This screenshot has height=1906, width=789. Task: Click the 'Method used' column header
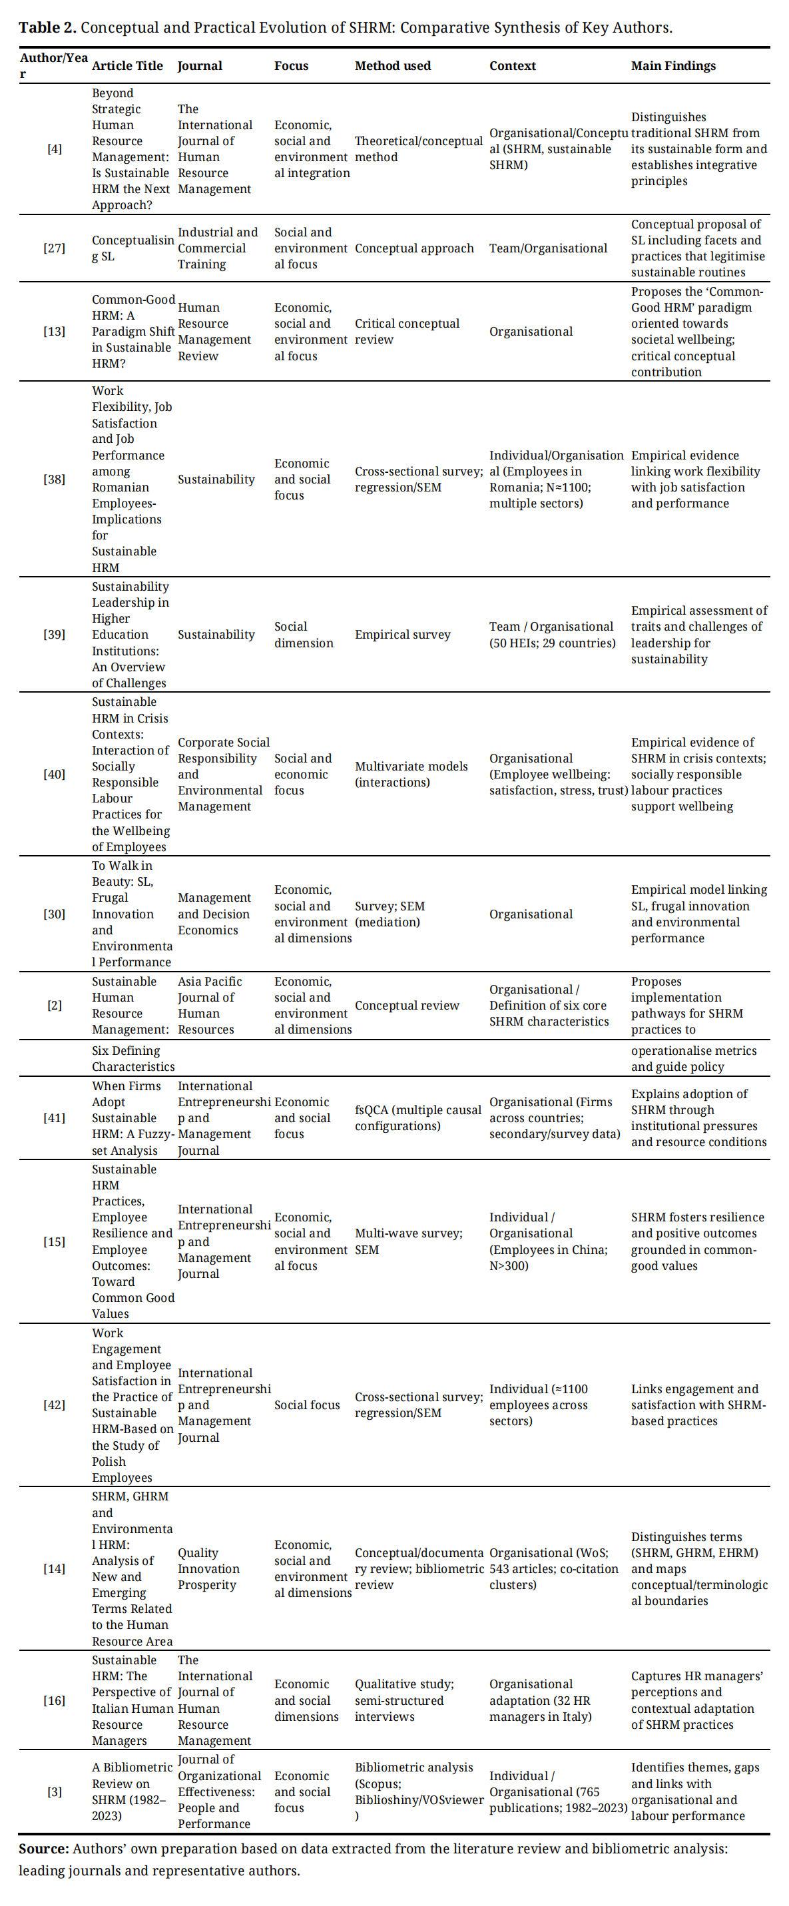point(392,65)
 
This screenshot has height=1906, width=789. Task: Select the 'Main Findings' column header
point(673,65)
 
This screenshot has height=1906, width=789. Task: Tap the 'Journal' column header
point(200,65)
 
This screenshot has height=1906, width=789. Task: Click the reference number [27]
point(54,248)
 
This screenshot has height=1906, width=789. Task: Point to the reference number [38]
point(54,479)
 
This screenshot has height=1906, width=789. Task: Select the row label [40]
point(54,774)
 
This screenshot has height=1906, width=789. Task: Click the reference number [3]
point(54,1791)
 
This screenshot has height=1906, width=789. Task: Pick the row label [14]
point(54,1568)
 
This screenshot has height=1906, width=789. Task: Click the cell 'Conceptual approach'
point(414,248)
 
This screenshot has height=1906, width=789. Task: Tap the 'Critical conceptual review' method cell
point(407,332)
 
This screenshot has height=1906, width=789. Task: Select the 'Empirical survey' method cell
point(402,634)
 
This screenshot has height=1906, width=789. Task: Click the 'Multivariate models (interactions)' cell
point(411,774)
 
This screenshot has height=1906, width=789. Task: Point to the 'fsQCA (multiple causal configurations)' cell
point(417,1117)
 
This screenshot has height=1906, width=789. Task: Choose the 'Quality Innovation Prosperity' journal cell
point(208,1568)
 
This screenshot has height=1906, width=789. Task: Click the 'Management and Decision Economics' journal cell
point(213,914)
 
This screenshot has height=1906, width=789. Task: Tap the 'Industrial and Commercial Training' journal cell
point(218,248)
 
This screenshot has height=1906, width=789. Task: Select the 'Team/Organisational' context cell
point(548,248)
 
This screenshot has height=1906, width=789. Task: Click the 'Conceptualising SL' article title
point(132,248)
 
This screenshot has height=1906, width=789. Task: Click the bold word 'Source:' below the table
point(44,1848)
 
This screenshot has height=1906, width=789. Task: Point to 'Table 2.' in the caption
point(47,27)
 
